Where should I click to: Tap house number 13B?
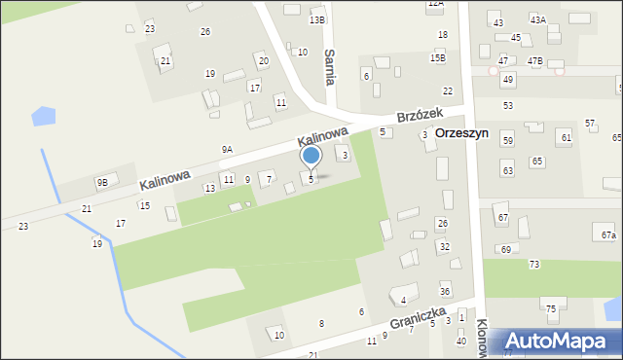pyautogui.click(x=316, y=19)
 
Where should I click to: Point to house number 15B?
pyautogui.click(x=438, y=58)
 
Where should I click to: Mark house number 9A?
pyautogui.click(x=227, y=149)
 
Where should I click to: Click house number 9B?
pyautogui.click(x=101, y=182)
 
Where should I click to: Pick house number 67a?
pyautogui.click(x=608, y=235)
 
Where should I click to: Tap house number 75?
pyautogui.click(x=550, y=308)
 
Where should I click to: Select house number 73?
pyautogui.click(x=533, y=265)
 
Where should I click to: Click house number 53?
pyautogui.click(x=507, y=105)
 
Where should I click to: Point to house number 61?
pyautogui.click(x=566, y=138)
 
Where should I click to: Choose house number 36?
pyautogui.click(x=444, y=291)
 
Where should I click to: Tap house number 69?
pyautogui.click(x=505, y=250)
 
